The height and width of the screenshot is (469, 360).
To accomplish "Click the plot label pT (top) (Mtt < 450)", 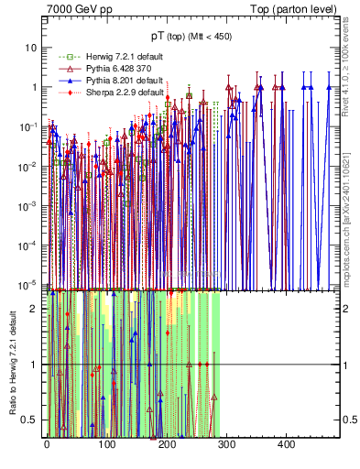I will pos(191,38).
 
